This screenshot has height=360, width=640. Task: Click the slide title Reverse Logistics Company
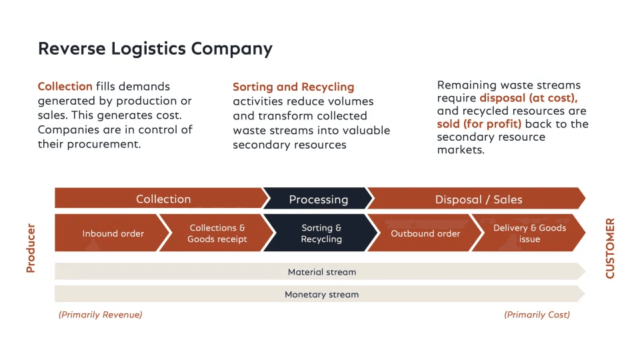point(155,49)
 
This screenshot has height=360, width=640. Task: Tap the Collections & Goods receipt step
point(217,233)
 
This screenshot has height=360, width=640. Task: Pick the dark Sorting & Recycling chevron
point(321,233)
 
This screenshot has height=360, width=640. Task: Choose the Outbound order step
point(425,233)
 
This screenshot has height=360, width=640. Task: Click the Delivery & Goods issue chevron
point(529,233)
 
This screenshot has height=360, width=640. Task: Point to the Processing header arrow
point(319,199)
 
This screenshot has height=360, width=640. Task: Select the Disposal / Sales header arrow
point(477,199)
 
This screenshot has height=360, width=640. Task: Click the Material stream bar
point(321,271)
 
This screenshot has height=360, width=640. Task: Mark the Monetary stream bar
point(321,294)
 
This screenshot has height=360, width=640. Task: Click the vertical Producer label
point(31,248)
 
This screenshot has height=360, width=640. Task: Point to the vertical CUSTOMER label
point(610,248)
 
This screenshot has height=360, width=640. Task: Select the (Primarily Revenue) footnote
point(101,315)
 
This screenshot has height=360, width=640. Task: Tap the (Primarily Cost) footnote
point(537,315)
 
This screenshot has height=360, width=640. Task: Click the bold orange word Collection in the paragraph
point(65,87)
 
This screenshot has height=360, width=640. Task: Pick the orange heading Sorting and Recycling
point(293,87)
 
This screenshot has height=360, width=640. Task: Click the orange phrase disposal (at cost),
point(529,98)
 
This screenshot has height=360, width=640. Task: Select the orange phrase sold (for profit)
point(479,124)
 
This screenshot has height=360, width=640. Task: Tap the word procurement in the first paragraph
point(104,144)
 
